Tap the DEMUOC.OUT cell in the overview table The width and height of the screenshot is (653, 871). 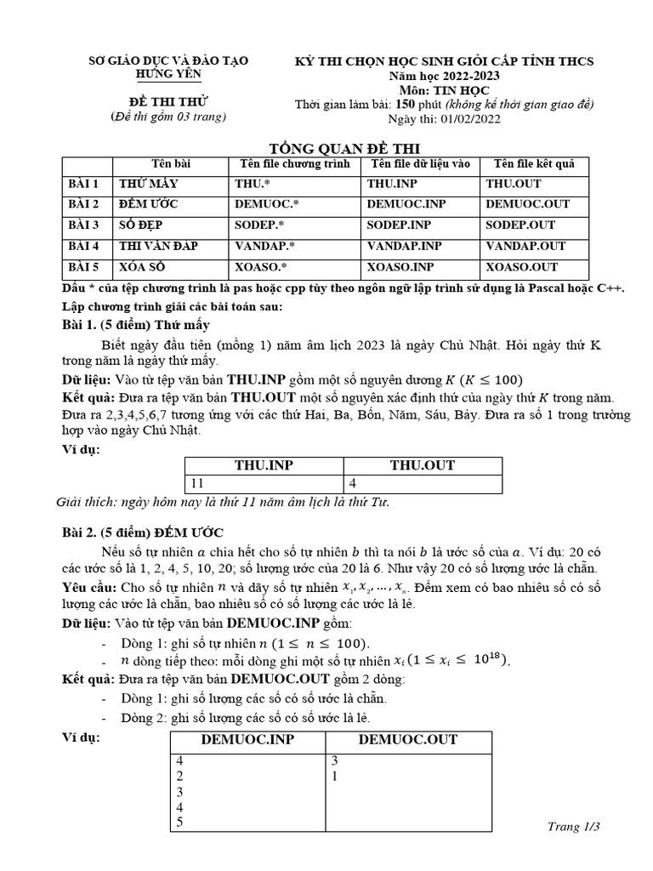click(527, 204)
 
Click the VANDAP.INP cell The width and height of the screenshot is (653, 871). click(405, 246)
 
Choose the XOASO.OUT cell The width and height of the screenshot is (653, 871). click(521, 267)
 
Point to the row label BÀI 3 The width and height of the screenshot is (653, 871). click(84, 225)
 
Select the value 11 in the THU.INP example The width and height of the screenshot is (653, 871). click(197, 483)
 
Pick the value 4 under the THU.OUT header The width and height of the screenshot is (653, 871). click(353, 483)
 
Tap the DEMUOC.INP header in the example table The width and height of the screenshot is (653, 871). click(247, 740)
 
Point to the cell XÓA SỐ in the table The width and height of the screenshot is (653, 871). click(141, 267)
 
